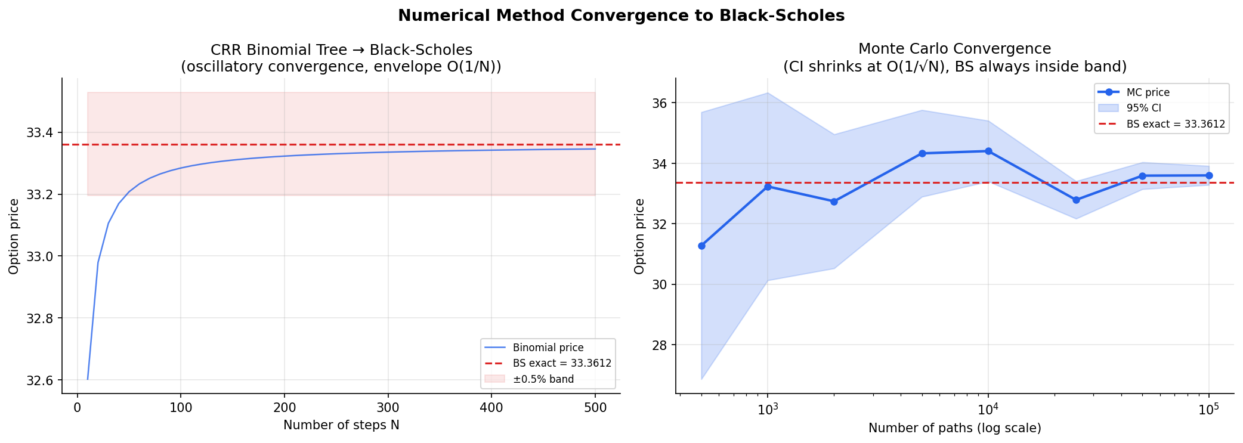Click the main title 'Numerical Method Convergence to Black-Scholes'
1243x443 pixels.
click(x=621, y=16)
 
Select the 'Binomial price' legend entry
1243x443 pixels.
click(x=548, y=348)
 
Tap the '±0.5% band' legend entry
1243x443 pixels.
click(x=543, y=379)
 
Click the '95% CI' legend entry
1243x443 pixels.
click(x=1143, y=109)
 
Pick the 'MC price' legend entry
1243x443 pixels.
click(x=1148, y=92)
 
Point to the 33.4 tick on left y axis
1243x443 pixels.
click(x=39, y=132)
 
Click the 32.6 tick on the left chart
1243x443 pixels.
click(x=39, y=380)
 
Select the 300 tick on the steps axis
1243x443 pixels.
click(x=388, y=408)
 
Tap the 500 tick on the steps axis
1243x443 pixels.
click(x=595, y=408)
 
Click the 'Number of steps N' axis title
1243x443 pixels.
click(x=341, y=425)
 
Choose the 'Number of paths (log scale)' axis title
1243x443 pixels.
click(x=954, y=428)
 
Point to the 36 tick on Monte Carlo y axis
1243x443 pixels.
click(x=659, y=103)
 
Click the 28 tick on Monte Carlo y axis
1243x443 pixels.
click(x=659, y=345)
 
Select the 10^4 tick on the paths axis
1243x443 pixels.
click(x=988, y=410)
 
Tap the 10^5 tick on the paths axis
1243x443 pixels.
click(x=1208, y=410)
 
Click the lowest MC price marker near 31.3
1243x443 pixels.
click(x=701, y=246)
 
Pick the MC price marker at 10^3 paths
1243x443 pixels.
click(x=768, y=187)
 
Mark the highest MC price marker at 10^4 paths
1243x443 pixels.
click(x=988, y=151)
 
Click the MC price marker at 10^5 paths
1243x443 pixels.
click(x=1209, y=175)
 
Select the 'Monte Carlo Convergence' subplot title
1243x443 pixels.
click(x=954, y=49)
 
